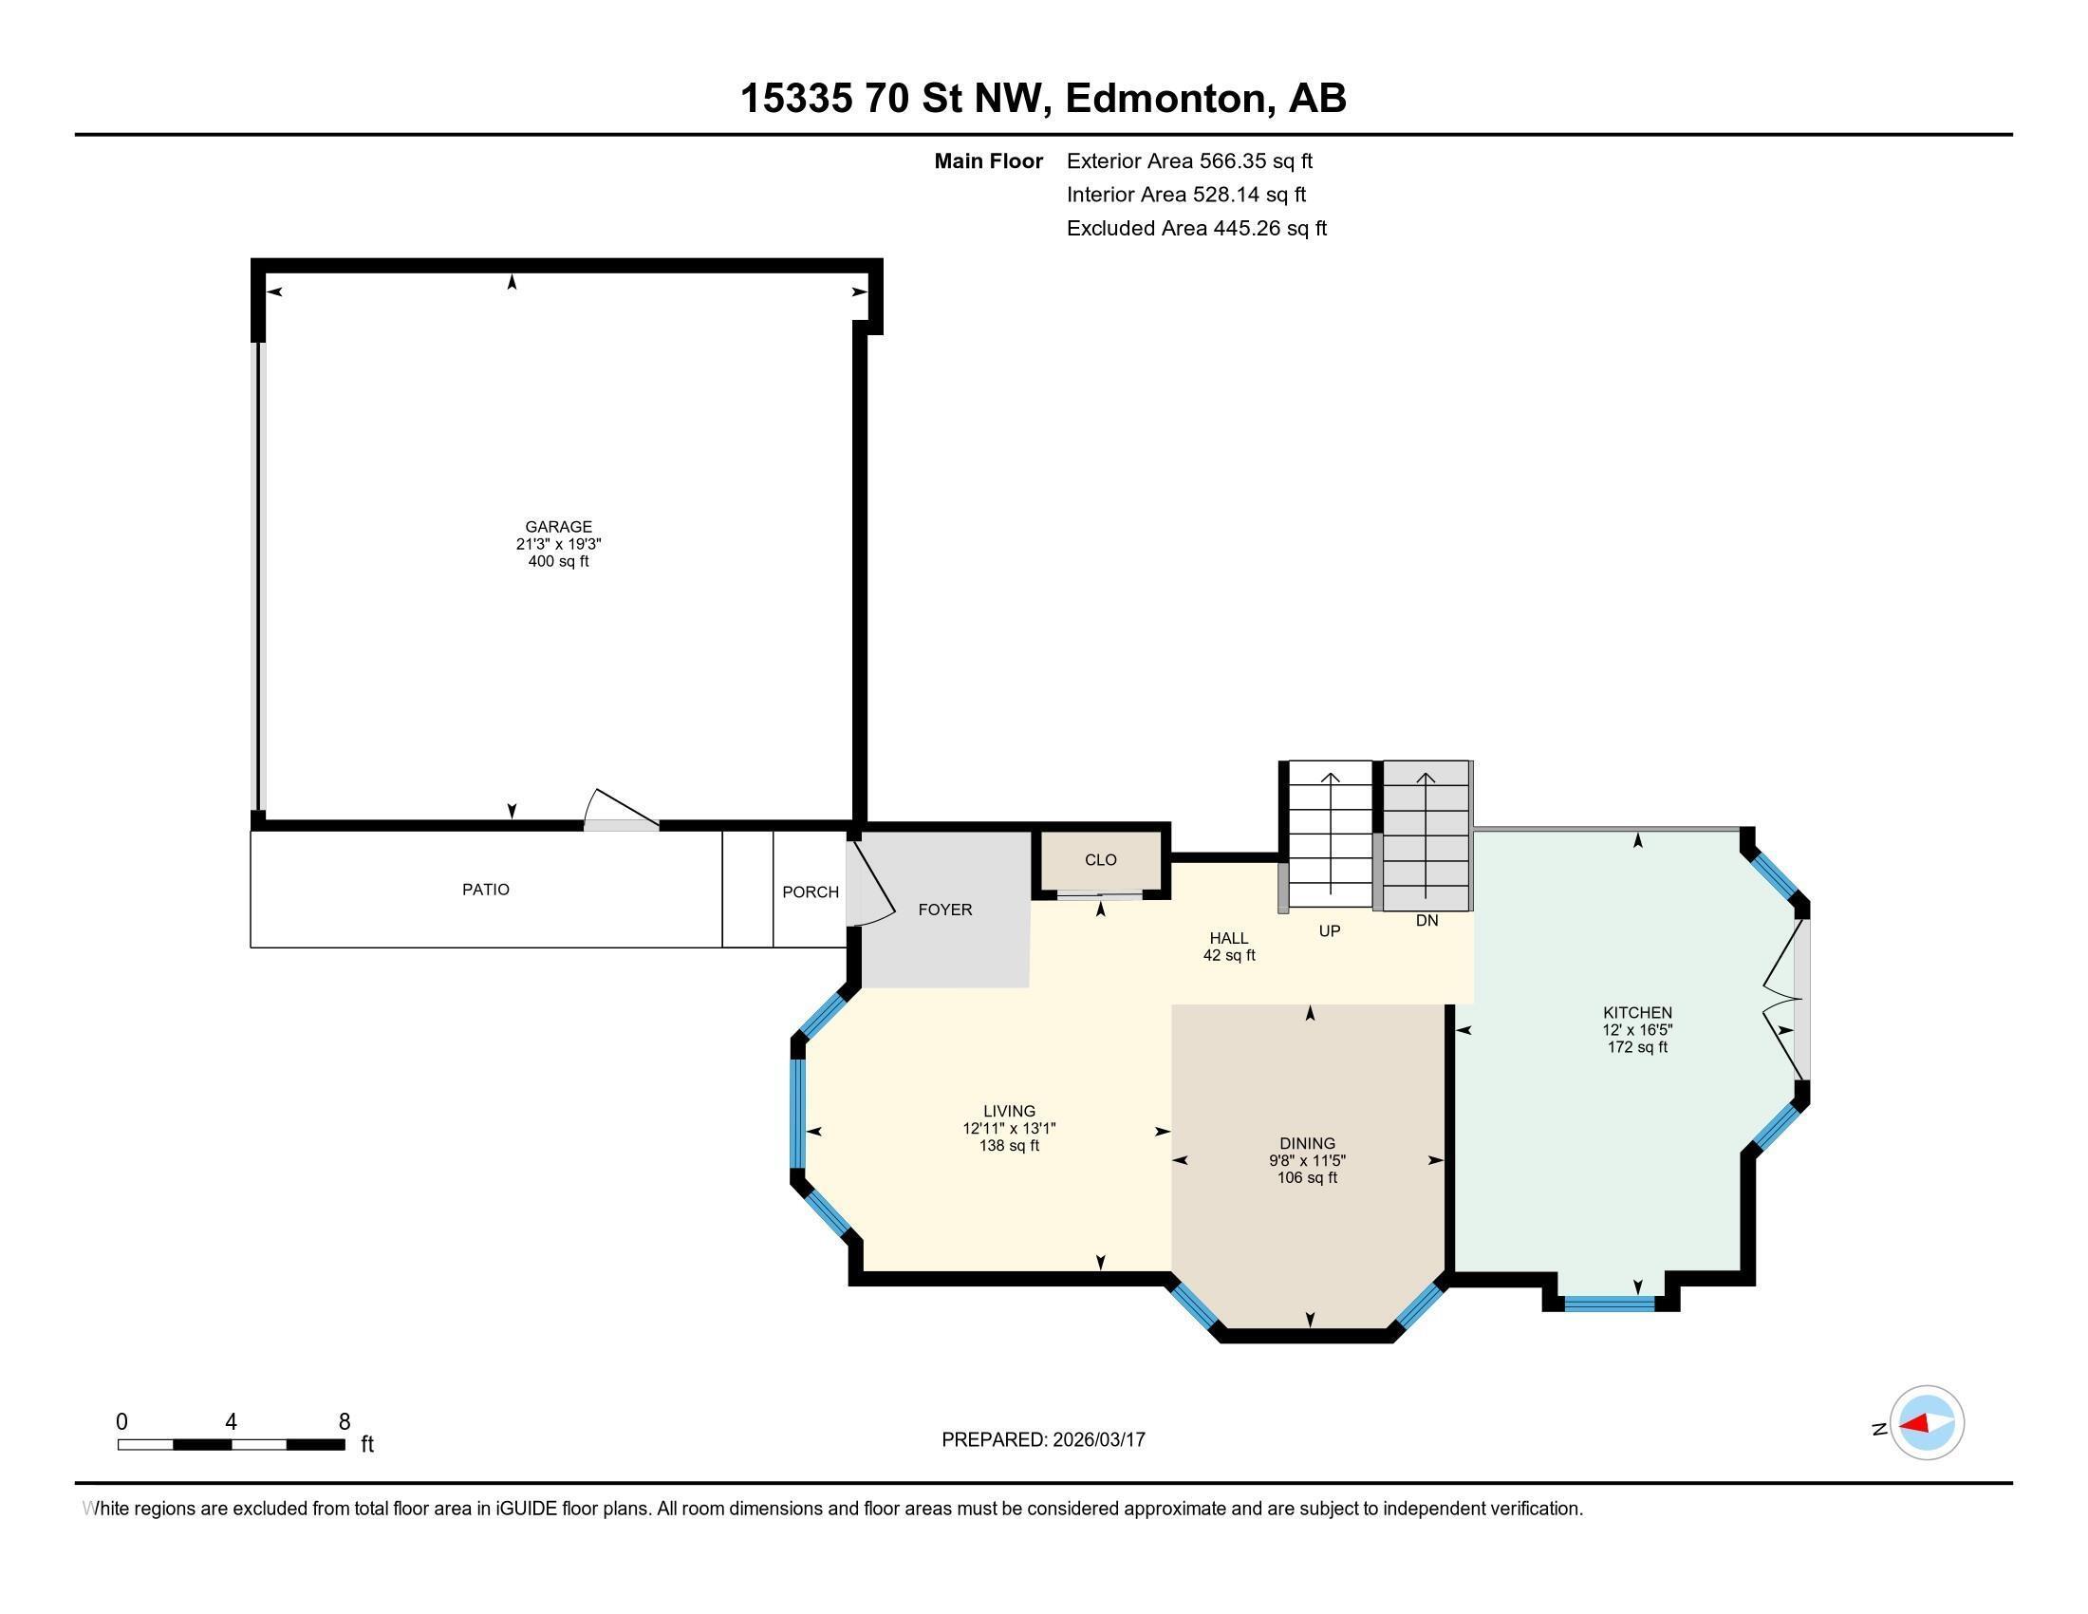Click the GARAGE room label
click(558, 527)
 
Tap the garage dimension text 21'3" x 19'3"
click(558, 544)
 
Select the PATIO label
click(486, 890)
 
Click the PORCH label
click(810, 892)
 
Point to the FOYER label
click(944, 910)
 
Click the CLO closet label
click(1100, 859)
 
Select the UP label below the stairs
click(1329, 930)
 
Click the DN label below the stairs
click(1426, 921)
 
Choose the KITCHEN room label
click(1637, 1013)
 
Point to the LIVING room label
click(1009, 1111)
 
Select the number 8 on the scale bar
click(345, 1422)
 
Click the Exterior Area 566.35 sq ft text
click(1189, 161)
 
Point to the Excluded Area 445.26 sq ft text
click(1196, 229)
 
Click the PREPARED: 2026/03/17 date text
click(1043, 1440)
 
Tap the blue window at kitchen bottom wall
click(1609, 1303)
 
